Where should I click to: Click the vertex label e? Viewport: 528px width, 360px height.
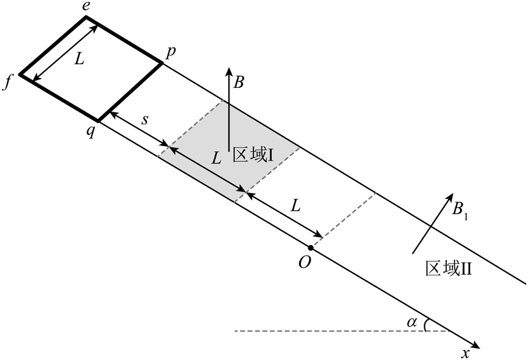pyautogui.click(x=85, y=7)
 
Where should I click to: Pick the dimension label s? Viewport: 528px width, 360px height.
pyautogui.click(x=146, y=123)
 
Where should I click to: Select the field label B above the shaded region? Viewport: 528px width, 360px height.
pyautogui.click(x=239, y=83)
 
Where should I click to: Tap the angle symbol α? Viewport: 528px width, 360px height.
pyautogui.click(x=412, y=322)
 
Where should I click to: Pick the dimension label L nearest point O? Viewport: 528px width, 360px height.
pyautogui.click(x=296, y=205)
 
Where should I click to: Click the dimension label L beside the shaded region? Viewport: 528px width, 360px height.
pyautogui.click(x=215, y=159)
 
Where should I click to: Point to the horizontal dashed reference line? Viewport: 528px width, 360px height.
pyautogui.click(x=330, y=330)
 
